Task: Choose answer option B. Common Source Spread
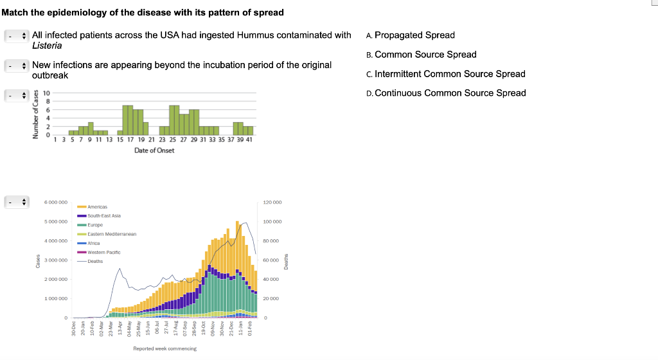tap(421, 55)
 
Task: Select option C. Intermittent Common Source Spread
tap(445, 74)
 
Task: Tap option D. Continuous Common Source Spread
tap(445, 93)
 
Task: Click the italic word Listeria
tap(47, 46)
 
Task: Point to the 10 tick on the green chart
tap(47, 94)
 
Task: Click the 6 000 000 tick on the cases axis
tap(56, 203)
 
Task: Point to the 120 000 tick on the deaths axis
tap(272, 203)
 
